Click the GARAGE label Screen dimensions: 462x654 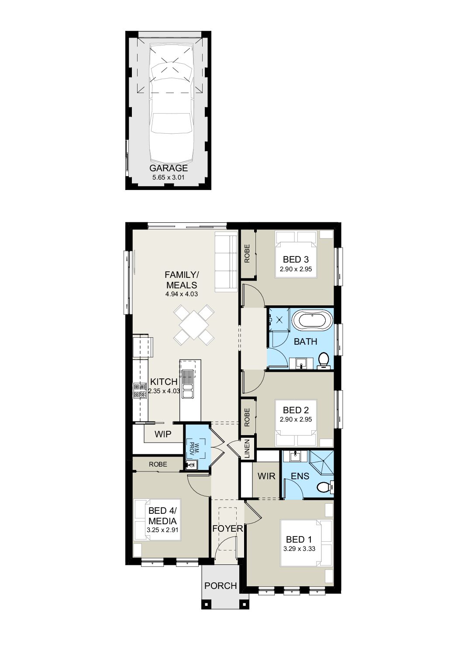pyautogui.click(x=169, y=168)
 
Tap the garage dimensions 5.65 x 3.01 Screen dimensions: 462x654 pyautogui.click(x=169, y=177)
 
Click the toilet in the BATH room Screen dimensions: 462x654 pyautogui.click(x=324, y=360)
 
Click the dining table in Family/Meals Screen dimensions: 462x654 pyautogui.click(x=194, y=324)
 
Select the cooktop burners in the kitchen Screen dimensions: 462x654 pyautogui.click(x=139, y=391)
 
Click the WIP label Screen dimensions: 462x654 pyautogui.click(x=163, y=434)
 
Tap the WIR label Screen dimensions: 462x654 pyautogui.click(x=266, y=476)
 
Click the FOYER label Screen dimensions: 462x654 pyautogui.click(x=228, y=528)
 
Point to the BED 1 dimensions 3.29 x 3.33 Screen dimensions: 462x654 pyautogui.click(x=299, y=549)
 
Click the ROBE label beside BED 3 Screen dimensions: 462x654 pyautogui.click(x=248, y=253)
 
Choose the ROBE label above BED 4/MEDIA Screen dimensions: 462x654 pyautogui.click(x=158, y=464)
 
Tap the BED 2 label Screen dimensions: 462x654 pyautogui.click(x=296, y=410)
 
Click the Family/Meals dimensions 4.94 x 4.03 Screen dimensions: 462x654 pyautogui.click(x=182, y=294)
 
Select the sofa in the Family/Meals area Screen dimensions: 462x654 pyautogui.click(x=226, y=262)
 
